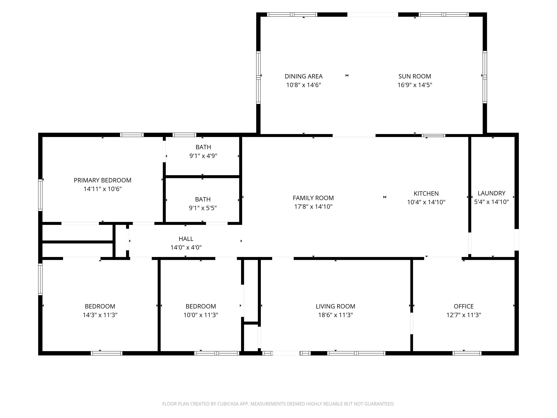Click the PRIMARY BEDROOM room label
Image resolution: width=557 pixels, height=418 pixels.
pos(102,180)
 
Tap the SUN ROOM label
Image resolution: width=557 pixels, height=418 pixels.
pos(415,76)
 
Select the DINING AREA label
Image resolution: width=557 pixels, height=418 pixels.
pos(304,76)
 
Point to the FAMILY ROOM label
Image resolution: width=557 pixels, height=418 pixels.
pos(313,198)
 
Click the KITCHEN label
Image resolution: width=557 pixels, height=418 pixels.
pos(426,194)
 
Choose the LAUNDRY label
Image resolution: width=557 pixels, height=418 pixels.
pos(492,193)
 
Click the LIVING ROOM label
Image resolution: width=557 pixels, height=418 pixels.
pos(335,306)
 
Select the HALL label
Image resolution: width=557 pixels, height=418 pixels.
pos(186,239)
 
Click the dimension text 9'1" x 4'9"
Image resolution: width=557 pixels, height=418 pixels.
pos(203,156)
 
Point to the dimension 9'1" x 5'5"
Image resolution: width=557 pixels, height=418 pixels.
pos(203,208)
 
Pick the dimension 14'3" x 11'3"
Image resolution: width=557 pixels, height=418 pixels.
pos(100,315)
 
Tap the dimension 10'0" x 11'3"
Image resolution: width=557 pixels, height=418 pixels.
pos(201,315)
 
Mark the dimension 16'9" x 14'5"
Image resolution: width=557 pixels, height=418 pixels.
pos(415,85)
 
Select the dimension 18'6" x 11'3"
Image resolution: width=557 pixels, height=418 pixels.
pos(335,315)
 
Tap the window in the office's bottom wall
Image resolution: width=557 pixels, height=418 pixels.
pos(467,353)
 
